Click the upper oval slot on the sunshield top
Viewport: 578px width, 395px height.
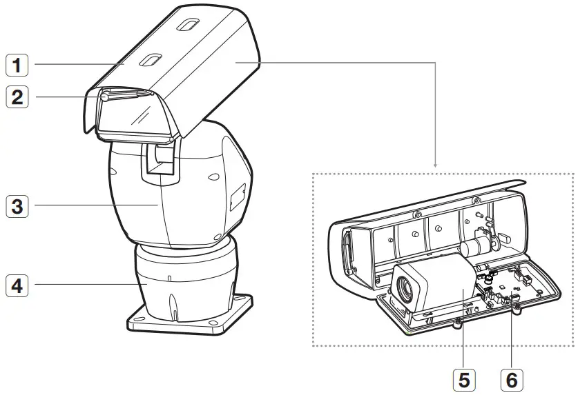186,26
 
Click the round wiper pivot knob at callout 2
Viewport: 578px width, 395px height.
105,97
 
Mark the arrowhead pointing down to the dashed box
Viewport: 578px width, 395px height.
436,165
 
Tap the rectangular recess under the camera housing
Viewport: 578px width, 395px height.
159,163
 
